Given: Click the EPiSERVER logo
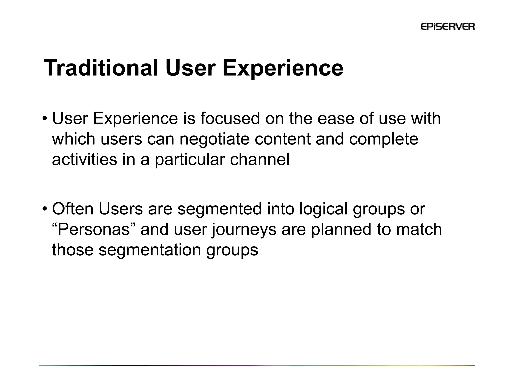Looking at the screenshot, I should (447, 27).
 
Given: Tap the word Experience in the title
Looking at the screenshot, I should (283, 68).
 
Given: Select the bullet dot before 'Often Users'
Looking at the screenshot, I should (45, 209).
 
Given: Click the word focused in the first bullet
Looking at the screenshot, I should (230, 118).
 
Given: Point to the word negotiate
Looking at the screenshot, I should (215, 139).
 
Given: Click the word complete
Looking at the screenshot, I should (383, 139).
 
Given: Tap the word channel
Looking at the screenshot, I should (260, 159).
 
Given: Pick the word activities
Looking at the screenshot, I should (85, 159).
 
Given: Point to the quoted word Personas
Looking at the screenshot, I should (93, 229).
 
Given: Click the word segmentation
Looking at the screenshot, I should (150, 250).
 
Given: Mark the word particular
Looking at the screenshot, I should (190, 159).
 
